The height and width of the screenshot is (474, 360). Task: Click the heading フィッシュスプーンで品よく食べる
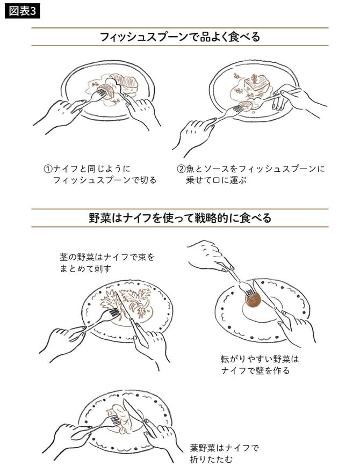click(x=180, y=37)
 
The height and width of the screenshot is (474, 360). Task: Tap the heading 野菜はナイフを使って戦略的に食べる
click(x=180, y=218)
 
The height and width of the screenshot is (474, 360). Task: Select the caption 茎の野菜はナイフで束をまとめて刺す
click(x=107, y=263)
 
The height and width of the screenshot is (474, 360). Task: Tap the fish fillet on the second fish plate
click(x=256, y=83)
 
